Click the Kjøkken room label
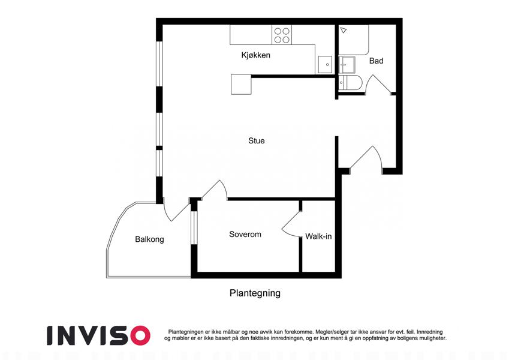[255, 55]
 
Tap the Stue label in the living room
[257, 140]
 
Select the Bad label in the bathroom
[377, 61]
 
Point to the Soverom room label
[245, 234]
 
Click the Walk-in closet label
[318, 236]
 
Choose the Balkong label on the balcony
[149, 239]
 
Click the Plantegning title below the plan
[255, 293]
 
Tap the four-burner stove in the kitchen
[282, 35]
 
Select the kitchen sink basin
[325, 65]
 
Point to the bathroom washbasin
[347, 65]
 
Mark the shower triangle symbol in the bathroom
[344, 30]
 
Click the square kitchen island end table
[241, 85]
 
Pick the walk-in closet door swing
[291, 224]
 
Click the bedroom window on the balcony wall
[194, 227]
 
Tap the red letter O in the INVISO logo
[139, 335]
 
